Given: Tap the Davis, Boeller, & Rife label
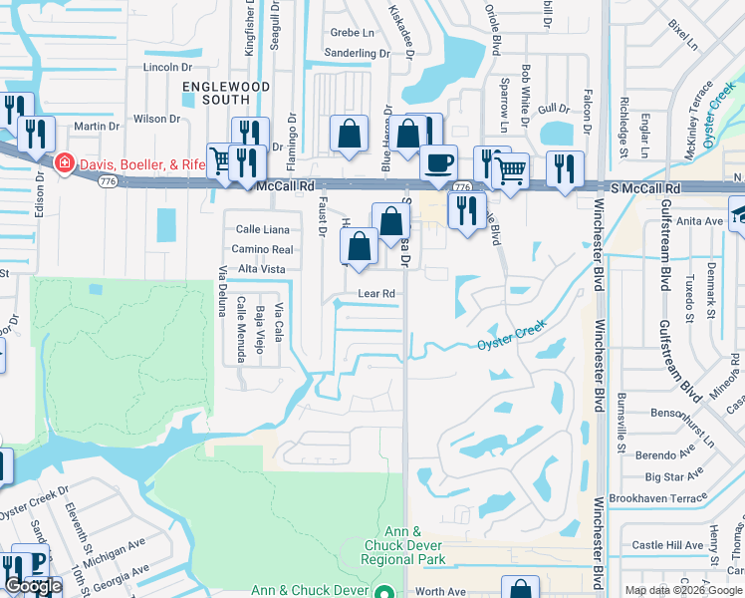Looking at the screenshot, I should click(x=138, y=161).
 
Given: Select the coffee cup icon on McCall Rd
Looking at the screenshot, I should click(x=437, y=162).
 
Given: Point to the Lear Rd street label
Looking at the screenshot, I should click(x=377, y=294).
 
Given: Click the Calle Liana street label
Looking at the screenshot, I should click(x=263, y=229).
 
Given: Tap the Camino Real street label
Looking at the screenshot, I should click(x=262, y=249).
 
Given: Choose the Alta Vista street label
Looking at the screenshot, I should click(x=261, y=269).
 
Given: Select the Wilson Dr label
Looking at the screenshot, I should click(x=156, y=119).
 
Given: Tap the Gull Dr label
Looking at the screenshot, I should click(x=553, y=109).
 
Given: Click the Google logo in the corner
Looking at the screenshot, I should click(x=34, y=586).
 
